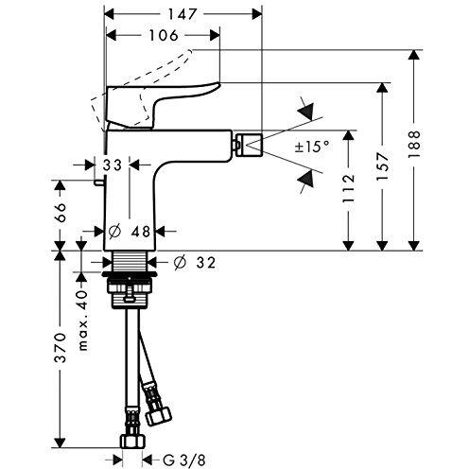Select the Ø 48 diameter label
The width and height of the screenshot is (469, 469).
pyautogui.click(x=130, y=229)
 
